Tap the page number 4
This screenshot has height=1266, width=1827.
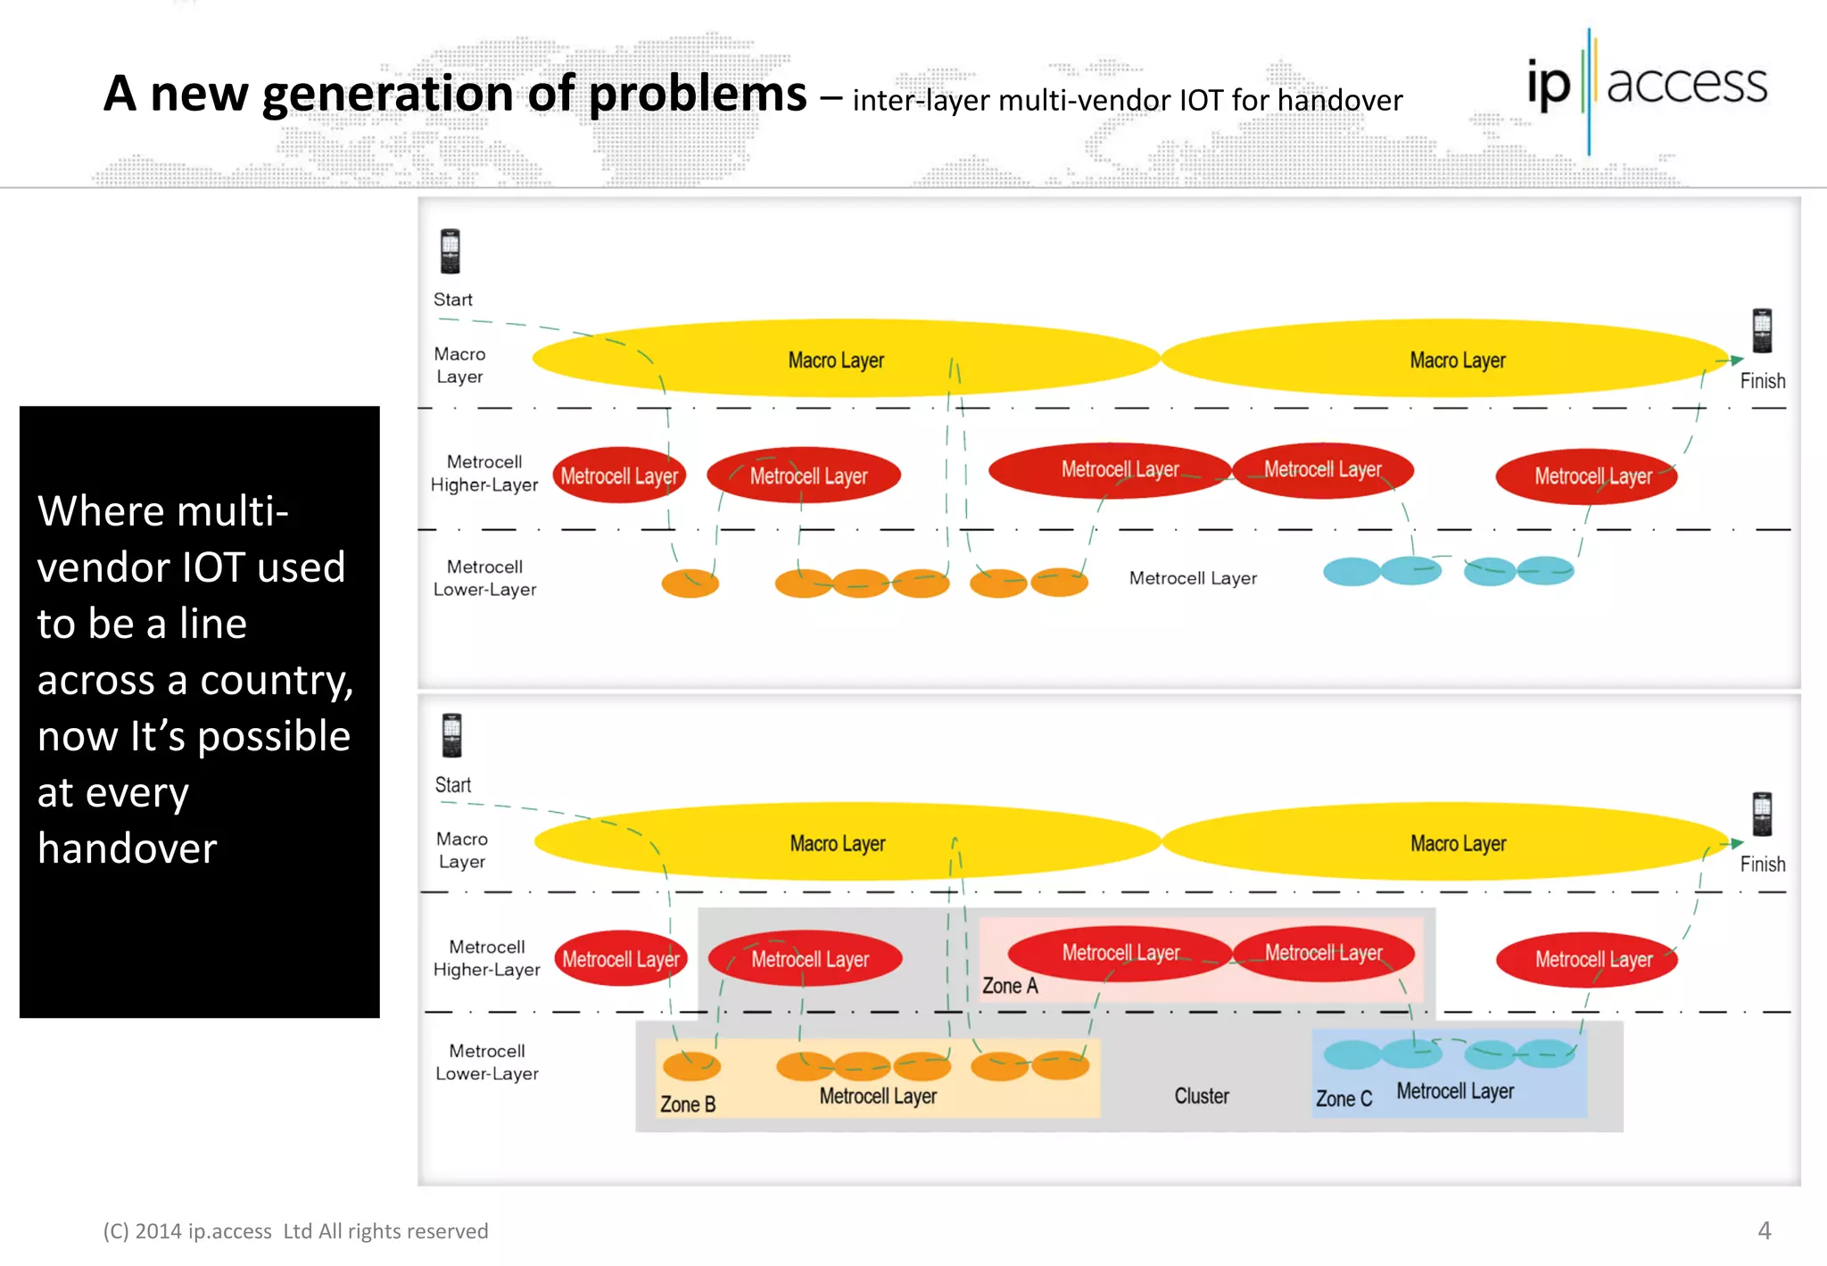(1764, 1230)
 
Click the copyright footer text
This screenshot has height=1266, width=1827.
(295, 1231)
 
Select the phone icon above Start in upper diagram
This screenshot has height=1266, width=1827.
(451, 252)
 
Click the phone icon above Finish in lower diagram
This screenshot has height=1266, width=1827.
(1762, 814)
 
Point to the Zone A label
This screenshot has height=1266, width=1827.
(1010, 986)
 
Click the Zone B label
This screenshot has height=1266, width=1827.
(688, 1105)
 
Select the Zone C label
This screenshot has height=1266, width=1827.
(1343, 1099)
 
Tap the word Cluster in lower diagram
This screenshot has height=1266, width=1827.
(1201, 1096)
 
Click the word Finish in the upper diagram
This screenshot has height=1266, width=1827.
(1762, 381)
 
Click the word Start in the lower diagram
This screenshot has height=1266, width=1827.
(453, 785)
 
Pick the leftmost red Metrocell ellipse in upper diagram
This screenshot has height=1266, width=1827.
(619, 476)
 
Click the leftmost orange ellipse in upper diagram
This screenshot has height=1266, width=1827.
(690, 583)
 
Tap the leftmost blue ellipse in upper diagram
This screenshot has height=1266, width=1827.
(1352, 571)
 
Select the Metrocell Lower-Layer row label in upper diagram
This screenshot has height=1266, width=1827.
(484, 578)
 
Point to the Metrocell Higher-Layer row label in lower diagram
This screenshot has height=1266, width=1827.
(486, 958)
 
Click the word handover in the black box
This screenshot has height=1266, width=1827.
(128, 848)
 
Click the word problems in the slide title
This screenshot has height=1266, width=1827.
(698, 93)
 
